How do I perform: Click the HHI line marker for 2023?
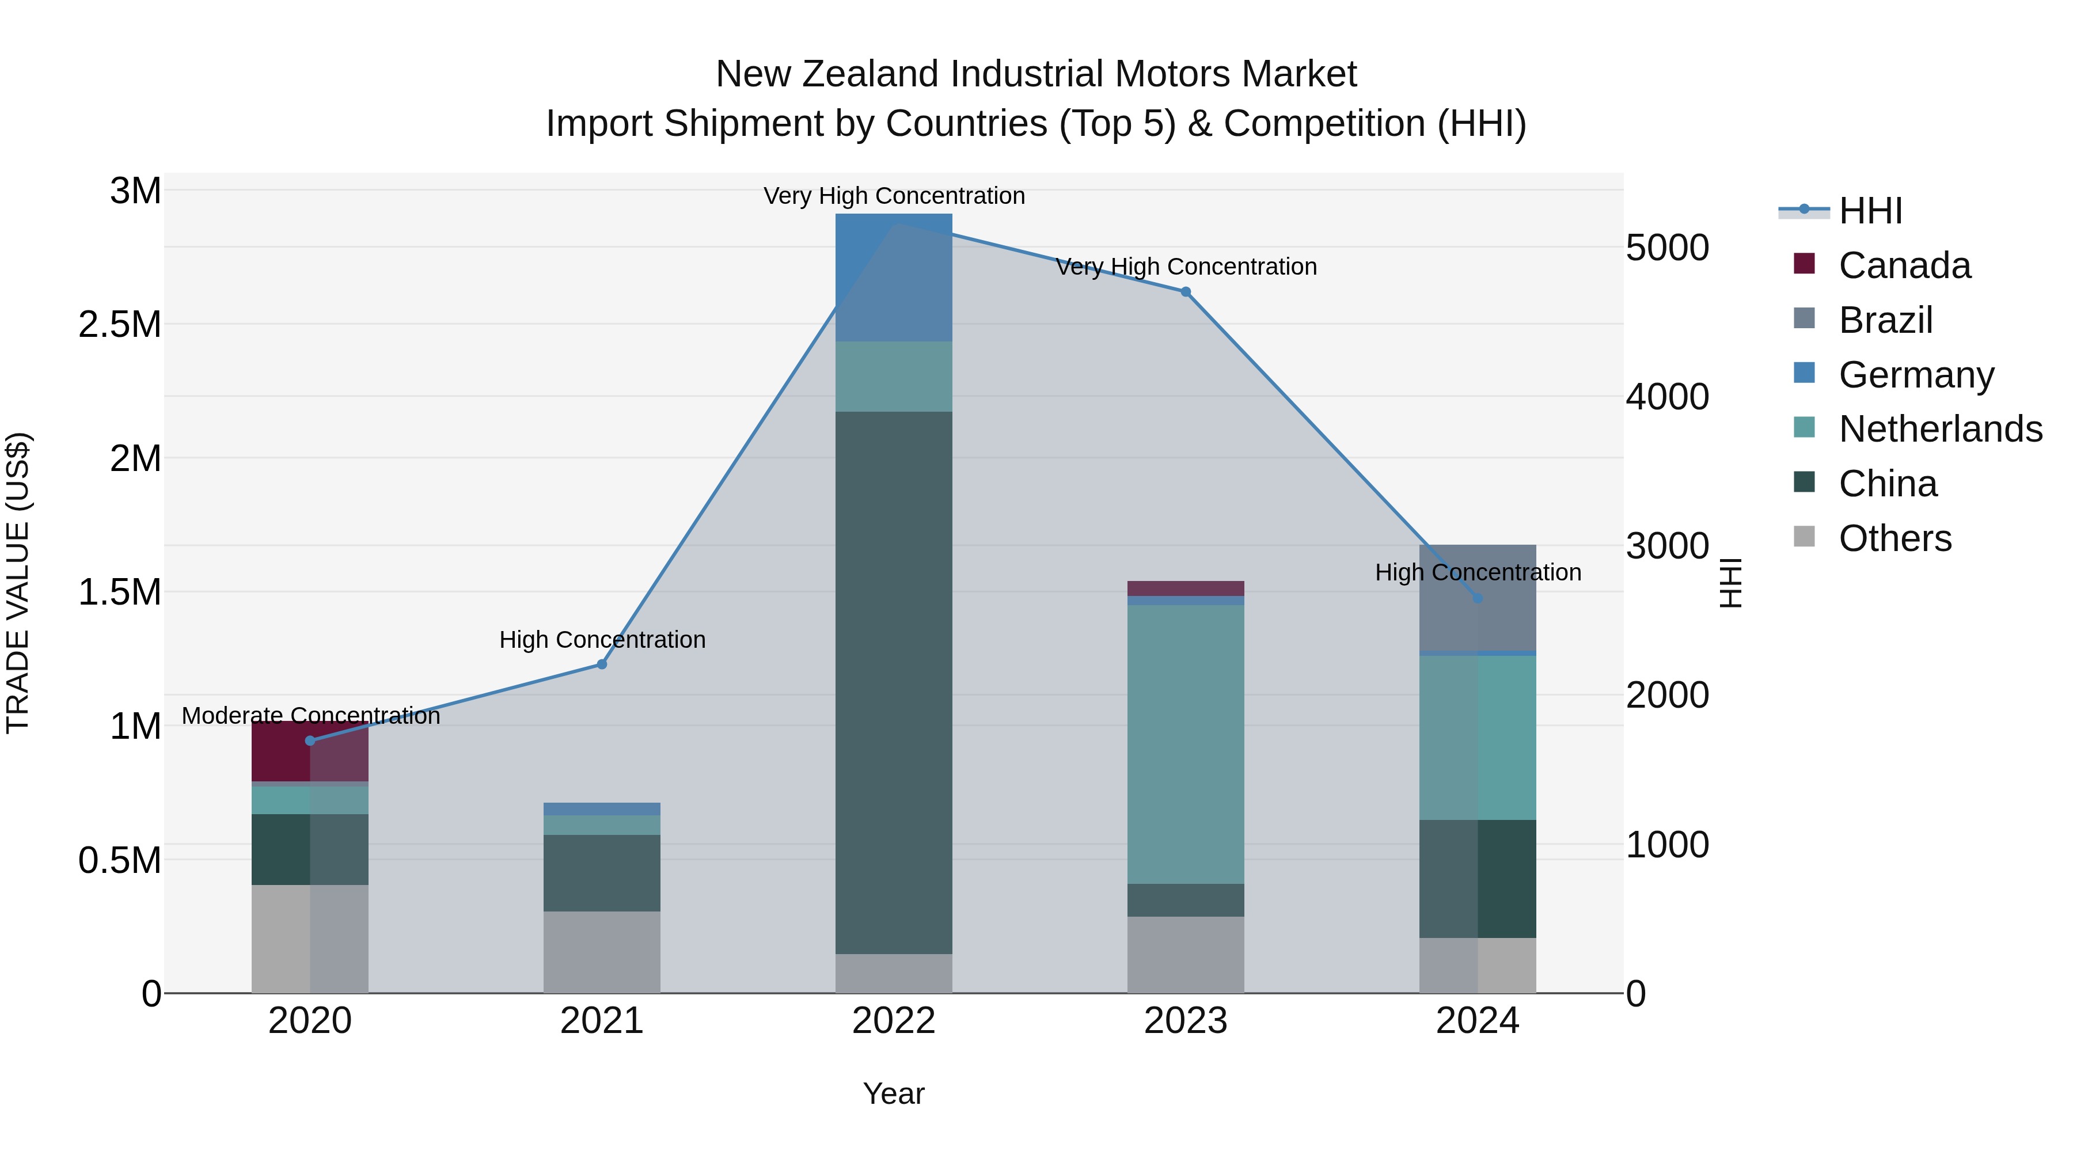1186,292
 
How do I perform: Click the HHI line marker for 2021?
601,664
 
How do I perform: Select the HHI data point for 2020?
310,740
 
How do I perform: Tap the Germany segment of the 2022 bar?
893,278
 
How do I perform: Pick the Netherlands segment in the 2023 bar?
1186,745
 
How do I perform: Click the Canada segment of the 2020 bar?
282,751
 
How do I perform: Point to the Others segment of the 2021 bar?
601,952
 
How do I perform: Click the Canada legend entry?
1904,265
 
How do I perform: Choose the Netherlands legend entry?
1939,429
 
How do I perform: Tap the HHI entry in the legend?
1870,211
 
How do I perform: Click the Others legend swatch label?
1894,538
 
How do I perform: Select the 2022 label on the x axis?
893,1021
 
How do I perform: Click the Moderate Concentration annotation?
310,715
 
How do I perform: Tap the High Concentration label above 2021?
602,640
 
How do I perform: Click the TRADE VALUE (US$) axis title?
18,583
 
